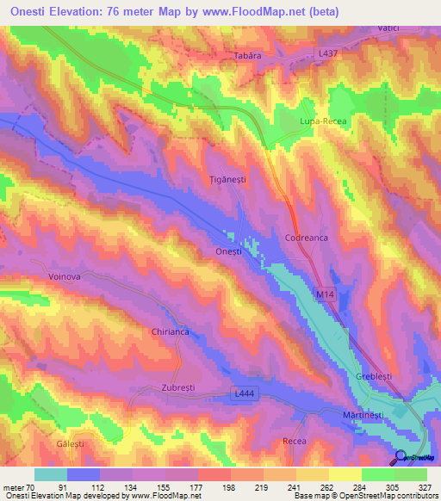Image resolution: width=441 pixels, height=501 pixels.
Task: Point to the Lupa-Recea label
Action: tap(322, 123)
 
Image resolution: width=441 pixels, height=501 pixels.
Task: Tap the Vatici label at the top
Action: tap(388, 28)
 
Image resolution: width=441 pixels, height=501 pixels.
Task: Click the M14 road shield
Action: tap(324, 295)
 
